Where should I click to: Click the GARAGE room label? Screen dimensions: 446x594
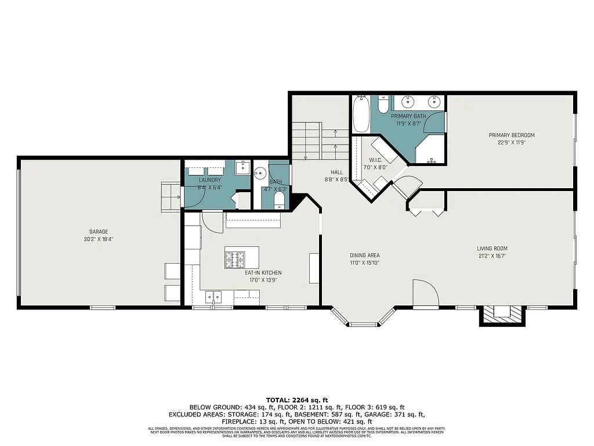pyautogui.click(x=99, y=232)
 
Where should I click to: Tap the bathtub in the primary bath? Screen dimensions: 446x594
pyautogui.click(x=360, y=114)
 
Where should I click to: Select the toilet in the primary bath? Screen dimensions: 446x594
pyautogui.click(x=383, y=105)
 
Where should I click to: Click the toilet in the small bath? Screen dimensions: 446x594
pyautogui.click(x=279, y=200)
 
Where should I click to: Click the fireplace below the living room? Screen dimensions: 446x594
pyautogui.click(x=502, y=314)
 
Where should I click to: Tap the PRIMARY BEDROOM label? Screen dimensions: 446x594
pyautogui.click(x=511, y=135)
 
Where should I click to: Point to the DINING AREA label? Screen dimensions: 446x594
pyautogui.click(x=364, y=256)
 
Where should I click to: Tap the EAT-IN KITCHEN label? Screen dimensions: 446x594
pyautogui.click(x=263, y=272)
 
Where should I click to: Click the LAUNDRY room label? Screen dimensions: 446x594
pyautogui.click(x=209, y=180)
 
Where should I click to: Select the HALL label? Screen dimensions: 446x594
pyautogui.click(x=336, y=172)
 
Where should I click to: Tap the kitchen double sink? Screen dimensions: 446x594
pyautogui.click(x=213, y=297)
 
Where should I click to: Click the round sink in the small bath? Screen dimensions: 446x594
pyautogui.click(x=261, y=172)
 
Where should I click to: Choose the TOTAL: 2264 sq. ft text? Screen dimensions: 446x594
pyautogui.click(x=297, y=400)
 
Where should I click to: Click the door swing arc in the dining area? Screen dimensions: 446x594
pyautogui.click(x=425, y=292)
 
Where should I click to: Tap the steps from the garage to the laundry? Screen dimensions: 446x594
pyautogui.click(x=171, y=196)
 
